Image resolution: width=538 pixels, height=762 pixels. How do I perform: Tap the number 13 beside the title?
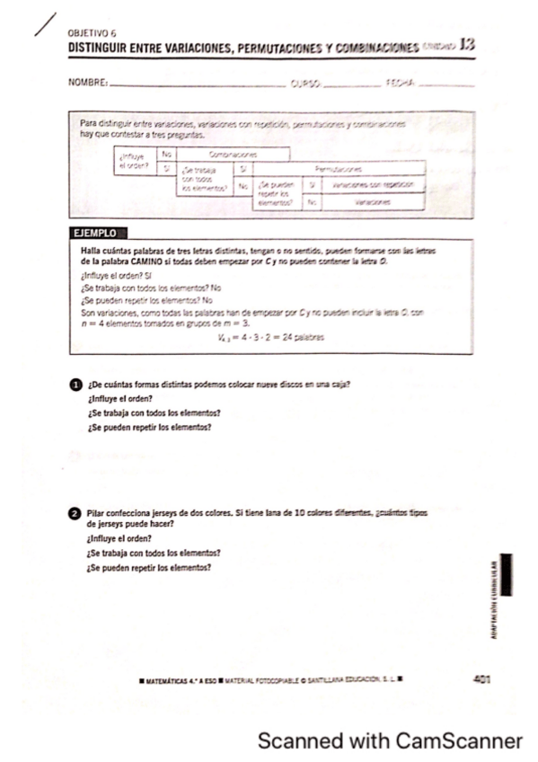464,44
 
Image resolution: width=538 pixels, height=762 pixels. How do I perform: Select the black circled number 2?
75,513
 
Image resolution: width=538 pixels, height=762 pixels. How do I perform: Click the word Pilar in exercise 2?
97,512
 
